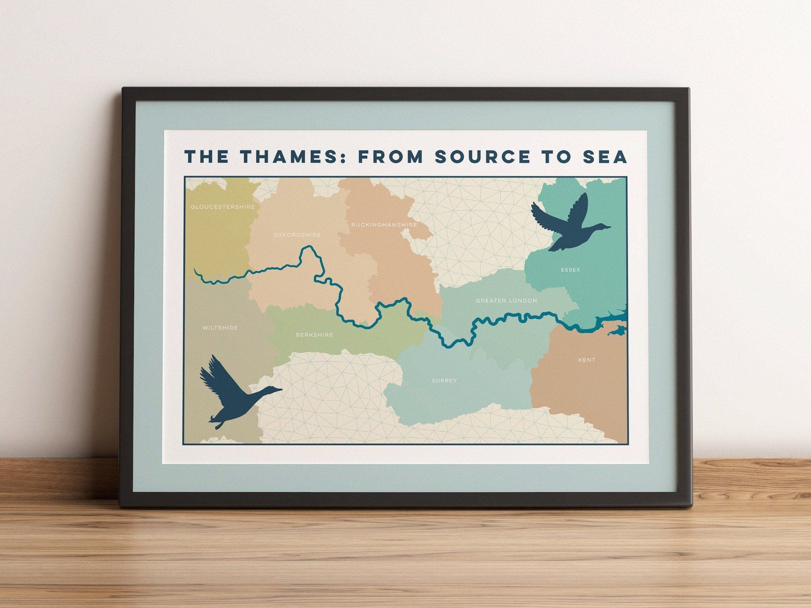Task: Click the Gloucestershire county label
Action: pos(223,207)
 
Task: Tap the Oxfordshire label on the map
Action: pos(297,235)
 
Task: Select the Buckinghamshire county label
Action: pos(384,224)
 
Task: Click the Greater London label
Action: pos(506,301)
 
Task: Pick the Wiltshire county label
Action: pos(220,328)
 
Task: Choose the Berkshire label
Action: pos(315,335)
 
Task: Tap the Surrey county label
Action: pos(444,380)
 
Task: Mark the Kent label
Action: pos(587,360)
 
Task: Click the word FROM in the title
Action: pos(390,156)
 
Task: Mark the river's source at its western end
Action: pos(195,270)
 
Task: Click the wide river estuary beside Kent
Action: pos(609,322)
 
